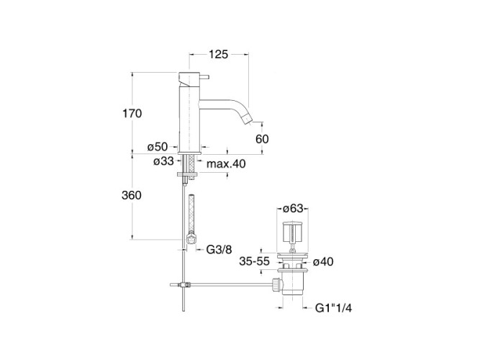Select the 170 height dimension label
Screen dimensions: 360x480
pos(132,113)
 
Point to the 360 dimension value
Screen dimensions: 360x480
pos(132,196)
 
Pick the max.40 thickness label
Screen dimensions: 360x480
pos(226,164)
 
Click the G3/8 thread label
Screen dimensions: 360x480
pos(219,251)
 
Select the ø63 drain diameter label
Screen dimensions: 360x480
pos(292,209)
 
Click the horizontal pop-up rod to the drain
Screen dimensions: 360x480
pos(230,284)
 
